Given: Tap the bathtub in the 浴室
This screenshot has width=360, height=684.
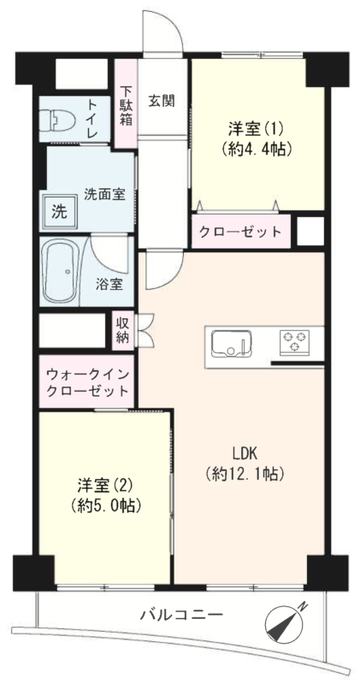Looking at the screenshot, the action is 62,271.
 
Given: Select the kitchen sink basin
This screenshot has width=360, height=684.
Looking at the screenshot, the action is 231,343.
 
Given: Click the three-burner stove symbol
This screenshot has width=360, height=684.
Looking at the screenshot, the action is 294,340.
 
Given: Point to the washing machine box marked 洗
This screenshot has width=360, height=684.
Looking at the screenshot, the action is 60,211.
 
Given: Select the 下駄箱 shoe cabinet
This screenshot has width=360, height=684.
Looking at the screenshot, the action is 127,103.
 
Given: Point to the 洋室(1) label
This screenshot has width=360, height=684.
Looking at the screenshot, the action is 256,129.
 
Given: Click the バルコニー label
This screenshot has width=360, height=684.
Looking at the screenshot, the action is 181,616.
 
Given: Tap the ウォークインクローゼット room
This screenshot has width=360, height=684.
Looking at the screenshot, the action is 86,381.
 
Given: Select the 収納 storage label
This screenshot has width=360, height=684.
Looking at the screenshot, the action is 123,330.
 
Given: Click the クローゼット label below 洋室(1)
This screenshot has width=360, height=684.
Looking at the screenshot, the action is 240,232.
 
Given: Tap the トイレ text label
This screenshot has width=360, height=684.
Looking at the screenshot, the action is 92,119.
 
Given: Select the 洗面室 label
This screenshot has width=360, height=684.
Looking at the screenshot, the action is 104,195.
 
